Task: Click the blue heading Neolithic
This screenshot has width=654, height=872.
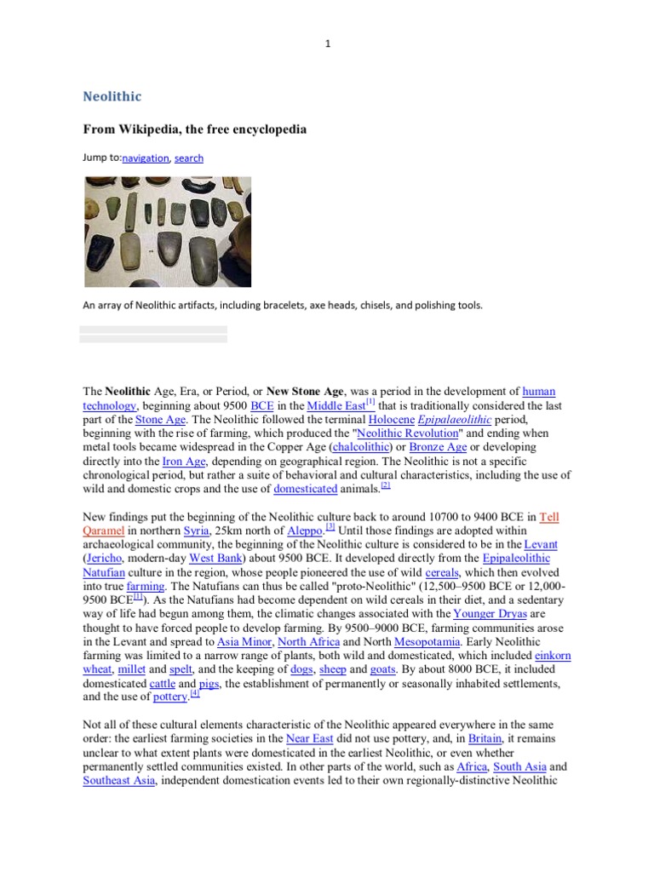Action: tap(112, 96)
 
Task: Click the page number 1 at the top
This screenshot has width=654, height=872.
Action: tap(327, 44)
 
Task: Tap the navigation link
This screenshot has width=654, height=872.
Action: tap(146, 158)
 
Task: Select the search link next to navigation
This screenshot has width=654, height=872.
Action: tap(189, 158)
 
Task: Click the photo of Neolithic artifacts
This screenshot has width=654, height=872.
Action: tap(167, 231)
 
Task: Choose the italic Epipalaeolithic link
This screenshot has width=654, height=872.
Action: tap(464, 420)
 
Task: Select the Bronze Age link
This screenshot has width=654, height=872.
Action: tap(438, 447)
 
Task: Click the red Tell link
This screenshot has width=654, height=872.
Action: tap(550, 517)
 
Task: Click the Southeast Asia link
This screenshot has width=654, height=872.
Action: tap(118, 781)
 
